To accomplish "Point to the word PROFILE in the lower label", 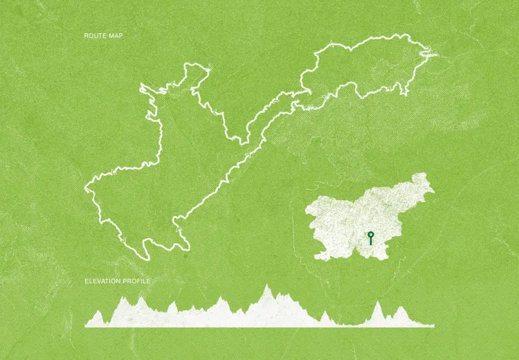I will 136,281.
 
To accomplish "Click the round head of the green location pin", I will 371,234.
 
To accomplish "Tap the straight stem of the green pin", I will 371,242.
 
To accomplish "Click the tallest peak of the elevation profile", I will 266,285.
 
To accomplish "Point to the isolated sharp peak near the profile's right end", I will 377,303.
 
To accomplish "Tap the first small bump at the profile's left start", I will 98,312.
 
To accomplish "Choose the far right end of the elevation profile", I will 434,325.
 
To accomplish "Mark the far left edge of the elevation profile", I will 85,324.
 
